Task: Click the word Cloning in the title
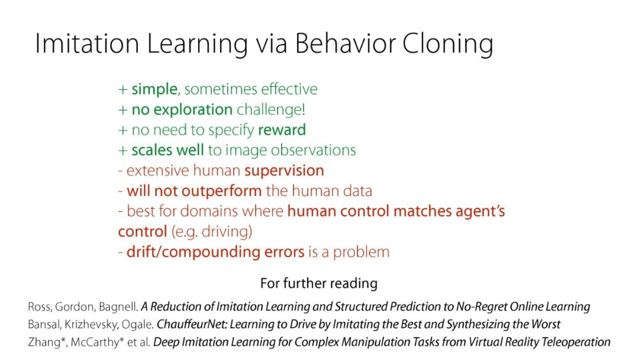[448, 44]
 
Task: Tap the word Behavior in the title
[344, 43]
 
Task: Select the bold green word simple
[154, 89]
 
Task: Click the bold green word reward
[282, 130]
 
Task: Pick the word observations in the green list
[313, 150]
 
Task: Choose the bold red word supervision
[284, 171]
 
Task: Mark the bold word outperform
[221, 191]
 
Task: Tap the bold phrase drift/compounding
[193, 252]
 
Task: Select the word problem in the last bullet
[361, 252]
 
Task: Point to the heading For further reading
[319, 283]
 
